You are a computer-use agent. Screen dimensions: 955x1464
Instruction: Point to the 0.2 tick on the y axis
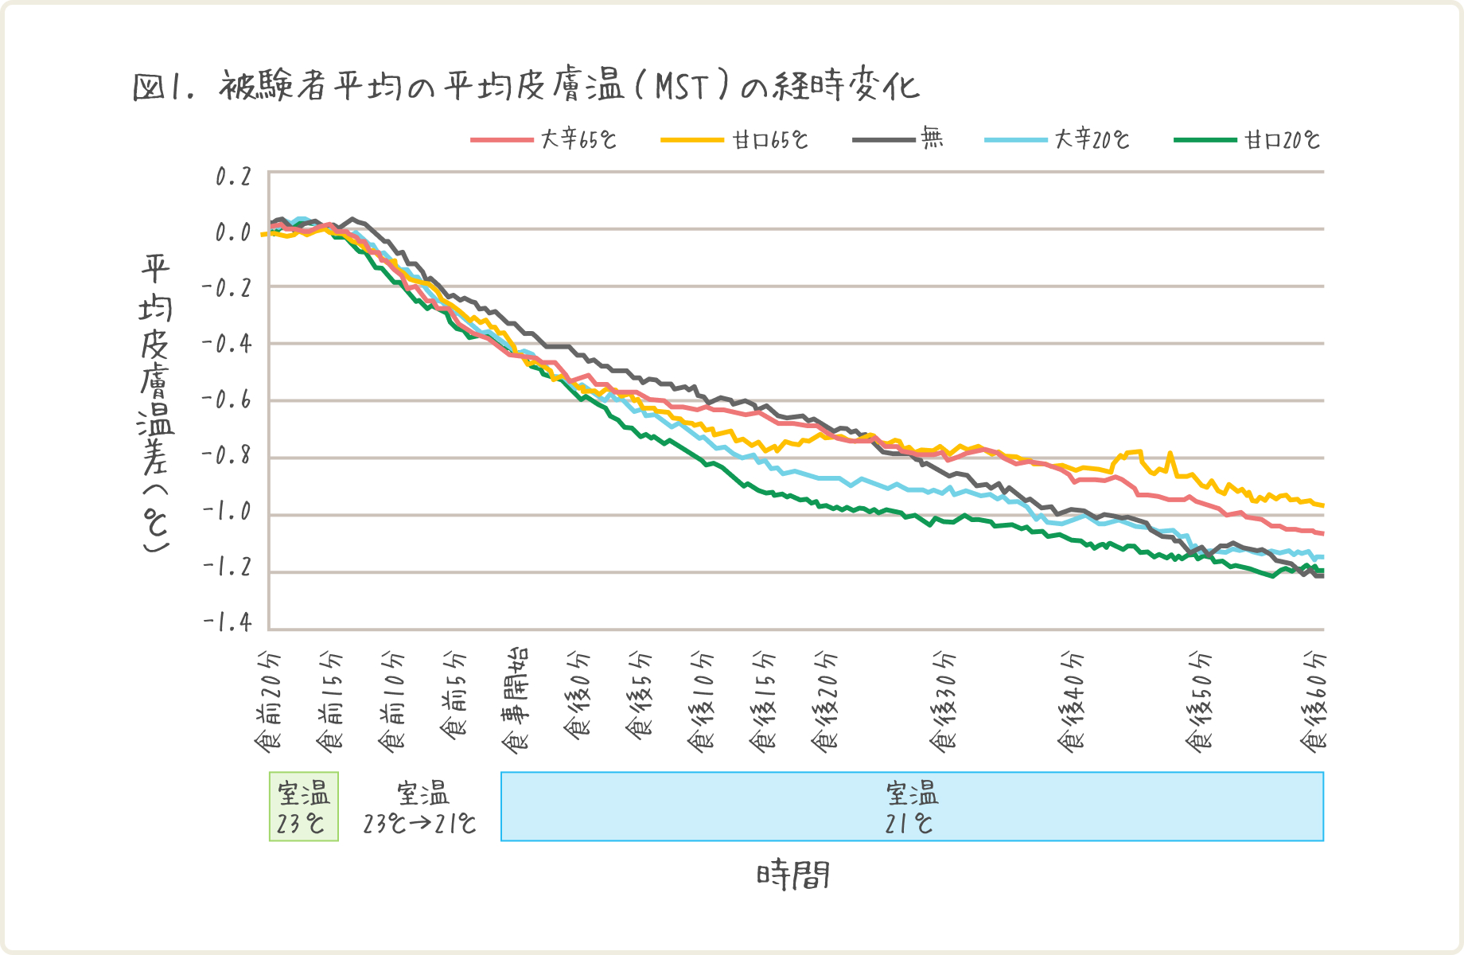[233, 177]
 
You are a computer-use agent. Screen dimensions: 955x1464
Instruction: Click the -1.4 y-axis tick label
[228, 622]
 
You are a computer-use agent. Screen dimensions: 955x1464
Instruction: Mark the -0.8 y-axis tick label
[228, 457]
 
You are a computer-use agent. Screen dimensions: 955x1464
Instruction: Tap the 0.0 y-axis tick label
[233, 232]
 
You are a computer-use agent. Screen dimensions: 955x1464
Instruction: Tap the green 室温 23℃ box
[303, 806]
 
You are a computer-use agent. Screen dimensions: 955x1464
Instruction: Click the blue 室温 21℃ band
[912, 806]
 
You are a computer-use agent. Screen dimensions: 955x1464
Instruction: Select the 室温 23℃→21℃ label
[421, 807]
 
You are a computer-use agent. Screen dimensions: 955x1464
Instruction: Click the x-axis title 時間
[793, 875]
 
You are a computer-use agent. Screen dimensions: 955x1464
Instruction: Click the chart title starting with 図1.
[525, 86]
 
